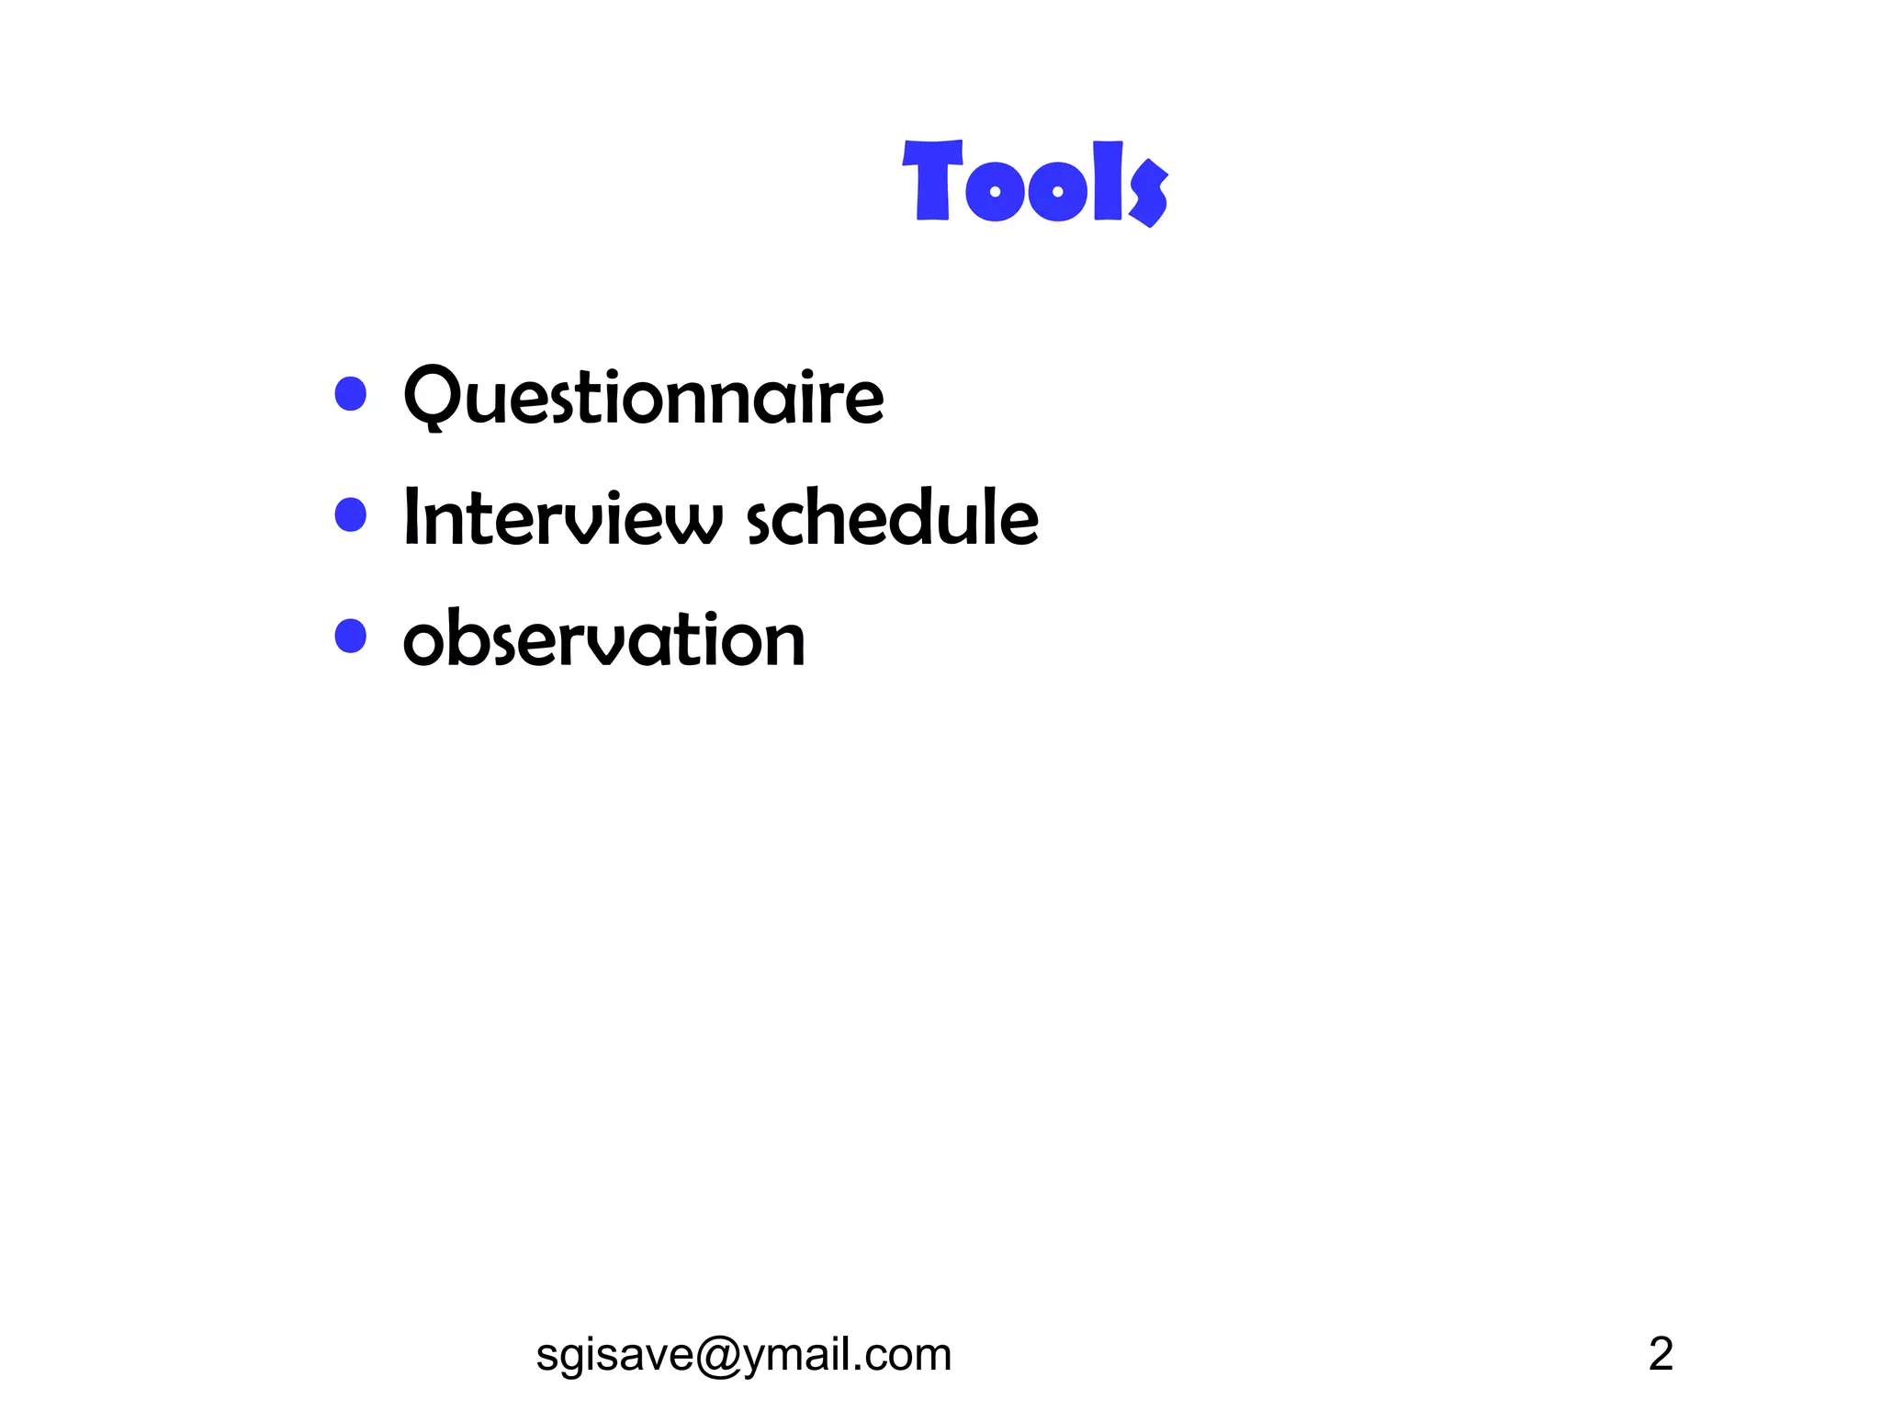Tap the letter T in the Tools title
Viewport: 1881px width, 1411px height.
932,180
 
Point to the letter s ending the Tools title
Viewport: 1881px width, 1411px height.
1148,191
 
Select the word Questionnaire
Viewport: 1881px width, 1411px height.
644,397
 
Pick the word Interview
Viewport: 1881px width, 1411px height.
563,518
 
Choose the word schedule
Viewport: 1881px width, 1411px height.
892,518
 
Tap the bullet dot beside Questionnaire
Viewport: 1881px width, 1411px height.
351,394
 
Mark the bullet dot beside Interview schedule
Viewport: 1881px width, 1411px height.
351,514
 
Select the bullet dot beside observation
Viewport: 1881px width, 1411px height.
351,636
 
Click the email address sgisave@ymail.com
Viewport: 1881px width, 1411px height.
743,1354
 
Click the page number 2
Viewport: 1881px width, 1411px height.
1661,1353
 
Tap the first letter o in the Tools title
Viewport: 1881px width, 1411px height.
995,191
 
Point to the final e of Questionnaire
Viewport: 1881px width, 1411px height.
864,402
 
